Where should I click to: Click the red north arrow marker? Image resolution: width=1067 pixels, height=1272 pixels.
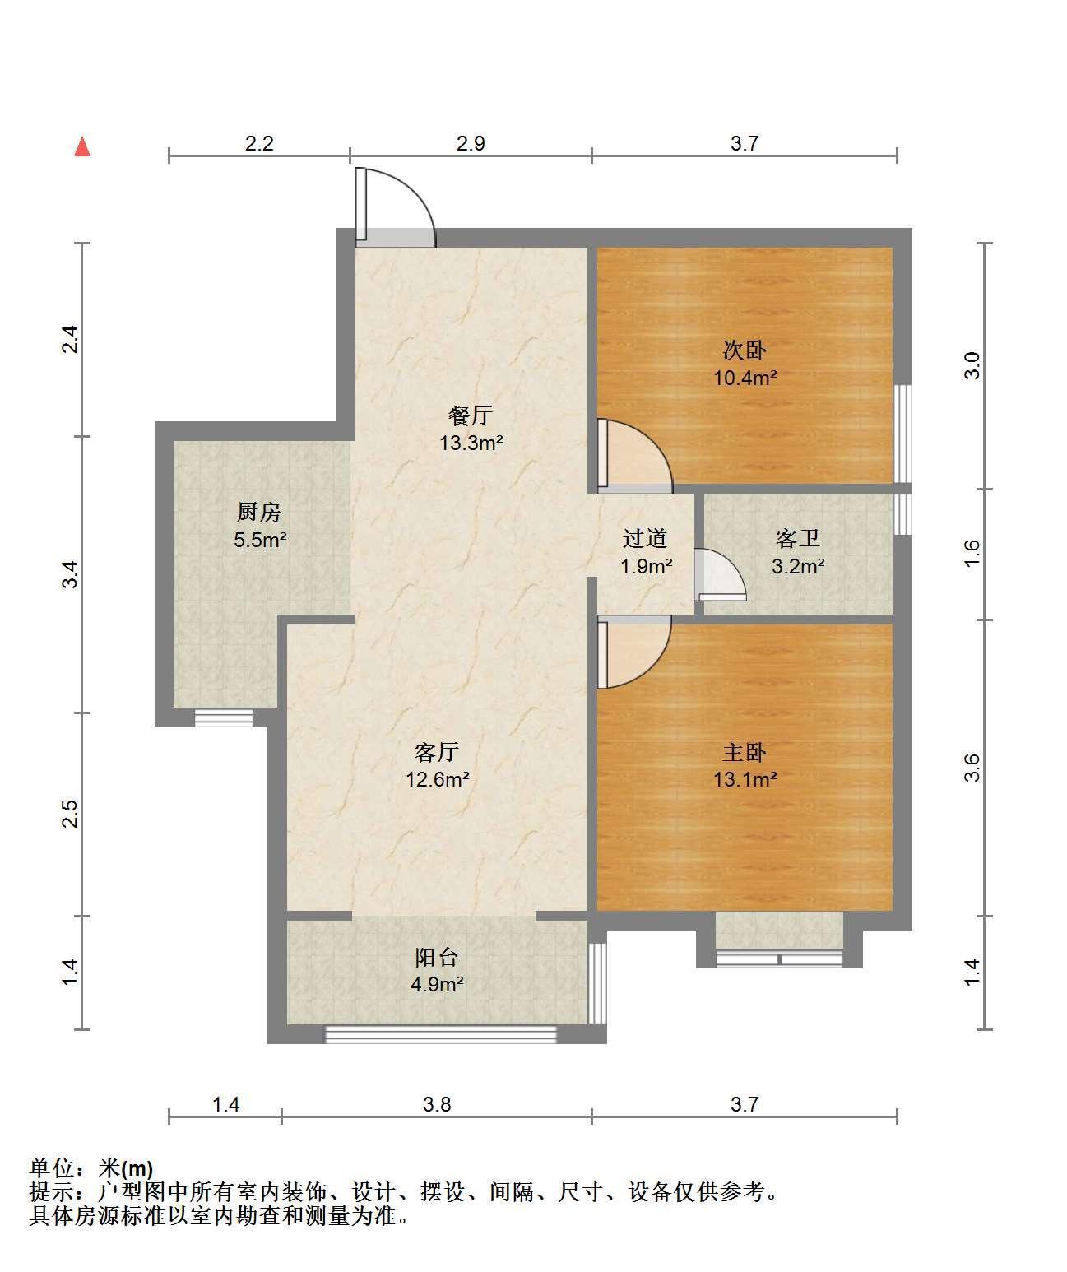82,146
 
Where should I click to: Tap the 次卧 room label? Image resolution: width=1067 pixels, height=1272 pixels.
745,350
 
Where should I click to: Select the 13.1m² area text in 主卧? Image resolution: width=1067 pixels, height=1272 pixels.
745,779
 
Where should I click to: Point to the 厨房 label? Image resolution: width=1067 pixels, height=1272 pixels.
259,513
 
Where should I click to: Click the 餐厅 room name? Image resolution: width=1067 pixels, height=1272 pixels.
471,415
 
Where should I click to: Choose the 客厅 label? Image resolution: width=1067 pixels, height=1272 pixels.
437,752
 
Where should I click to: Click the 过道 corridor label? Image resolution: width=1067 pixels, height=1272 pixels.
645,539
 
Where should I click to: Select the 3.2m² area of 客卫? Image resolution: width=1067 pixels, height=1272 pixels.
799,567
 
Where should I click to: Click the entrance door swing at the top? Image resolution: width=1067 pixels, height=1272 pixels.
396,207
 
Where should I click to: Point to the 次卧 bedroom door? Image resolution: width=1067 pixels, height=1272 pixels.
635,456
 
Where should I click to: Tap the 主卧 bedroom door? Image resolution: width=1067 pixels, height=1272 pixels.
634,652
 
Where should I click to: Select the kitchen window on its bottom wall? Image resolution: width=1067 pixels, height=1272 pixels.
224,717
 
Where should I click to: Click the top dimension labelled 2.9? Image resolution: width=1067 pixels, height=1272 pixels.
471,144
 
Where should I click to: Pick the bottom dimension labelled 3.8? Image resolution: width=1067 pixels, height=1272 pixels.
437,1104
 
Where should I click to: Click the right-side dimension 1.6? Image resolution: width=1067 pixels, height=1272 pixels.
972,553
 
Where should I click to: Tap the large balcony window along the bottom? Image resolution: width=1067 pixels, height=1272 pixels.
440,1034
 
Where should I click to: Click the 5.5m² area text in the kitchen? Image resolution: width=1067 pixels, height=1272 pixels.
260,540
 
